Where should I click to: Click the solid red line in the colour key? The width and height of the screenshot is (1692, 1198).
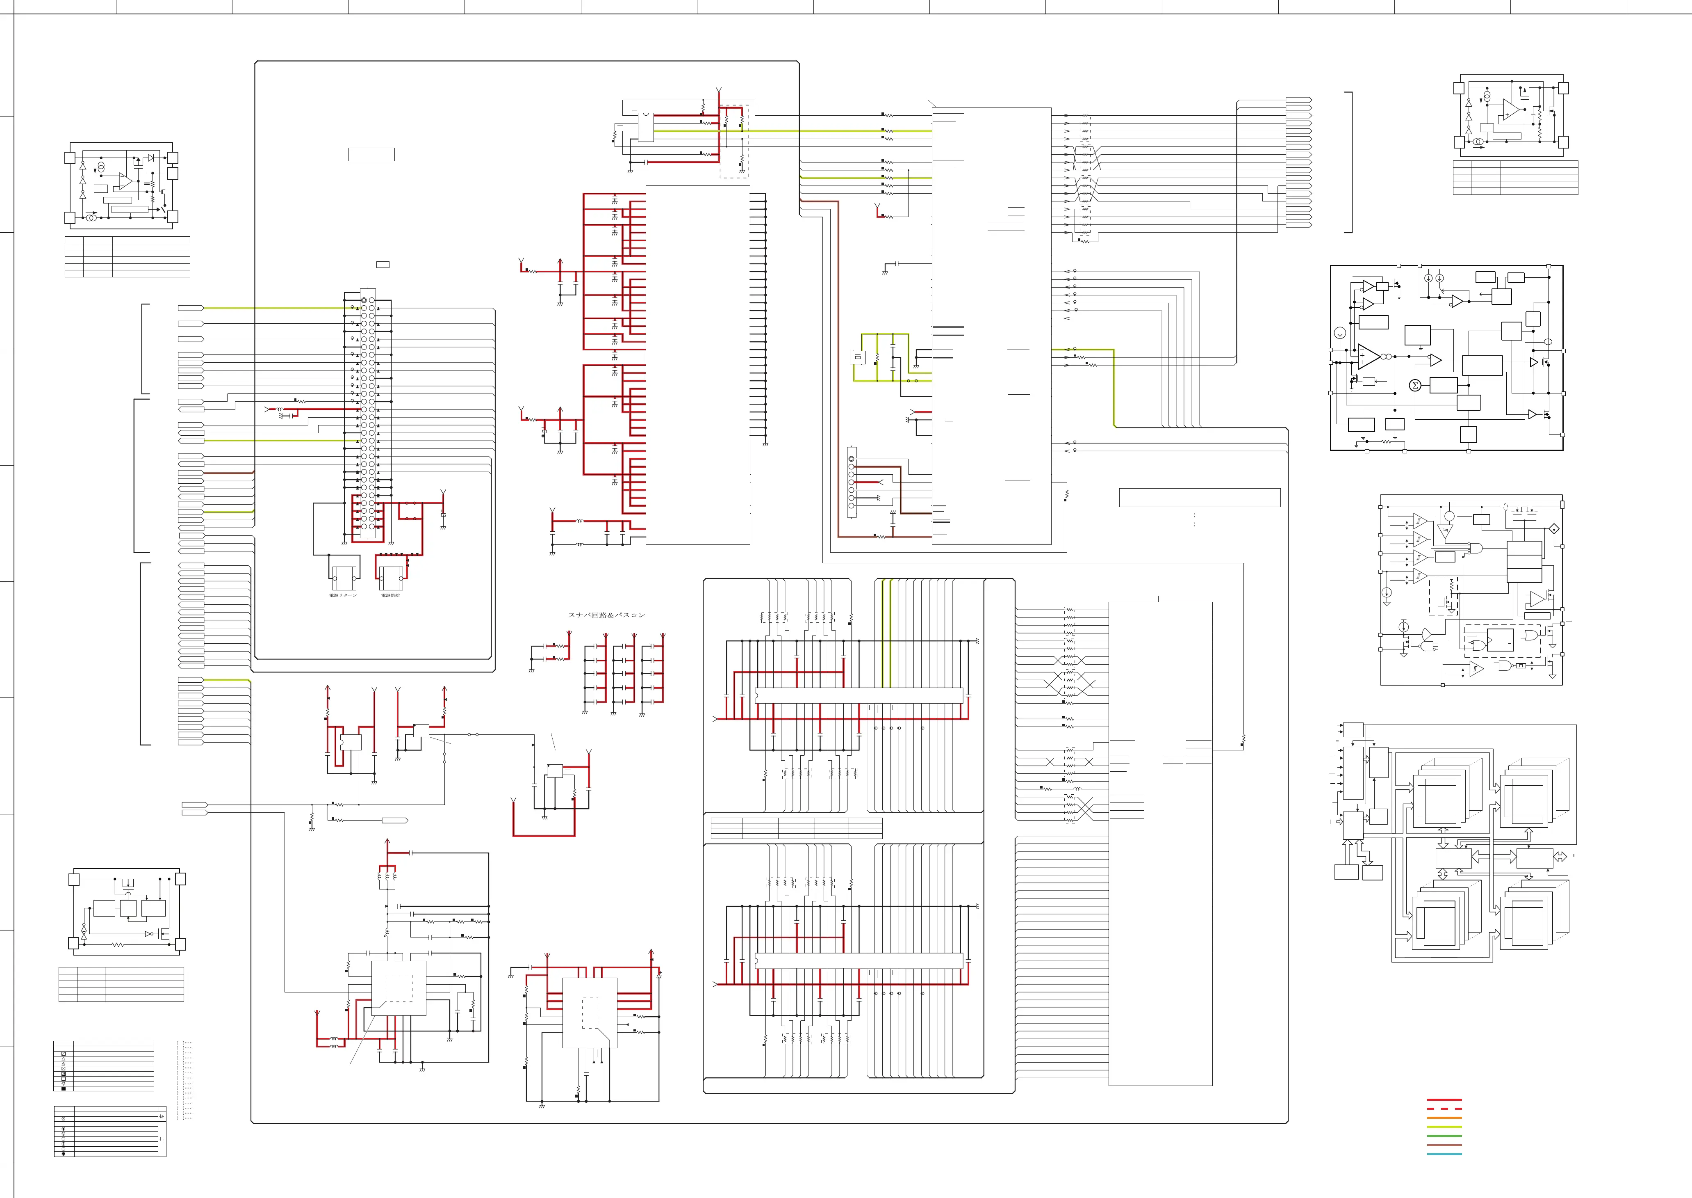pos(1444,1100)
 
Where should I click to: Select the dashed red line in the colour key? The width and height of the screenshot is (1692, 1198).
pos(1444,1109)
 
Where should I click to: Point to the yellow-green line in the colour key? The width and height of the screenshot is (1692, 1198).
pos(1444,1127)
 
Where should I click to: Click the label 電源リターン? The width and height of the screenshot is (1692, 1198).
pos(343,595)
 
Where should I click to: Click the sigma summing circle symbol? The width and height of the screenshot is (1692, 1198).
pos(1415,385)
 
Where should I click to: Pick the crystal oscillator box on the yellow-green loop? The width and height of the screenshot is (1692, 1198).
pos(857,359)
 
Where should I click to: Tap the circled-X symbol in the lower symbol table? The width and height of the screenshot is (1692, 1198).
pos(64,1118)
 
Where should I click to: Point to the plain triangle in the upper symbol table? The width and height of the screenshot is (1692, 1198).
pos(64,1059)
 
